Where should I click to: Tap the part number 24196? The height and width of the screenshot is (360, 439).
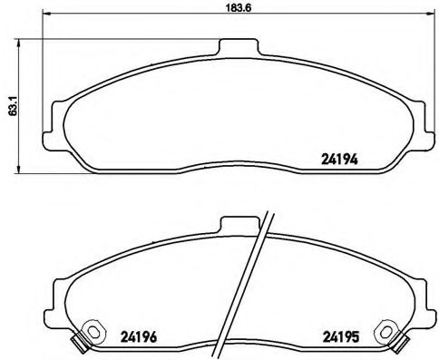(137, 336)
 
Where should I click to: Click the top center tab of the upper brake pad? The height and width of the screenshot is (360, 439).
(238, 48)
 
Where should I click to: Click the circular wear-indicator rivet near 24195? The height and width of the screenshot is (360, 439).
(387, 333)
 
